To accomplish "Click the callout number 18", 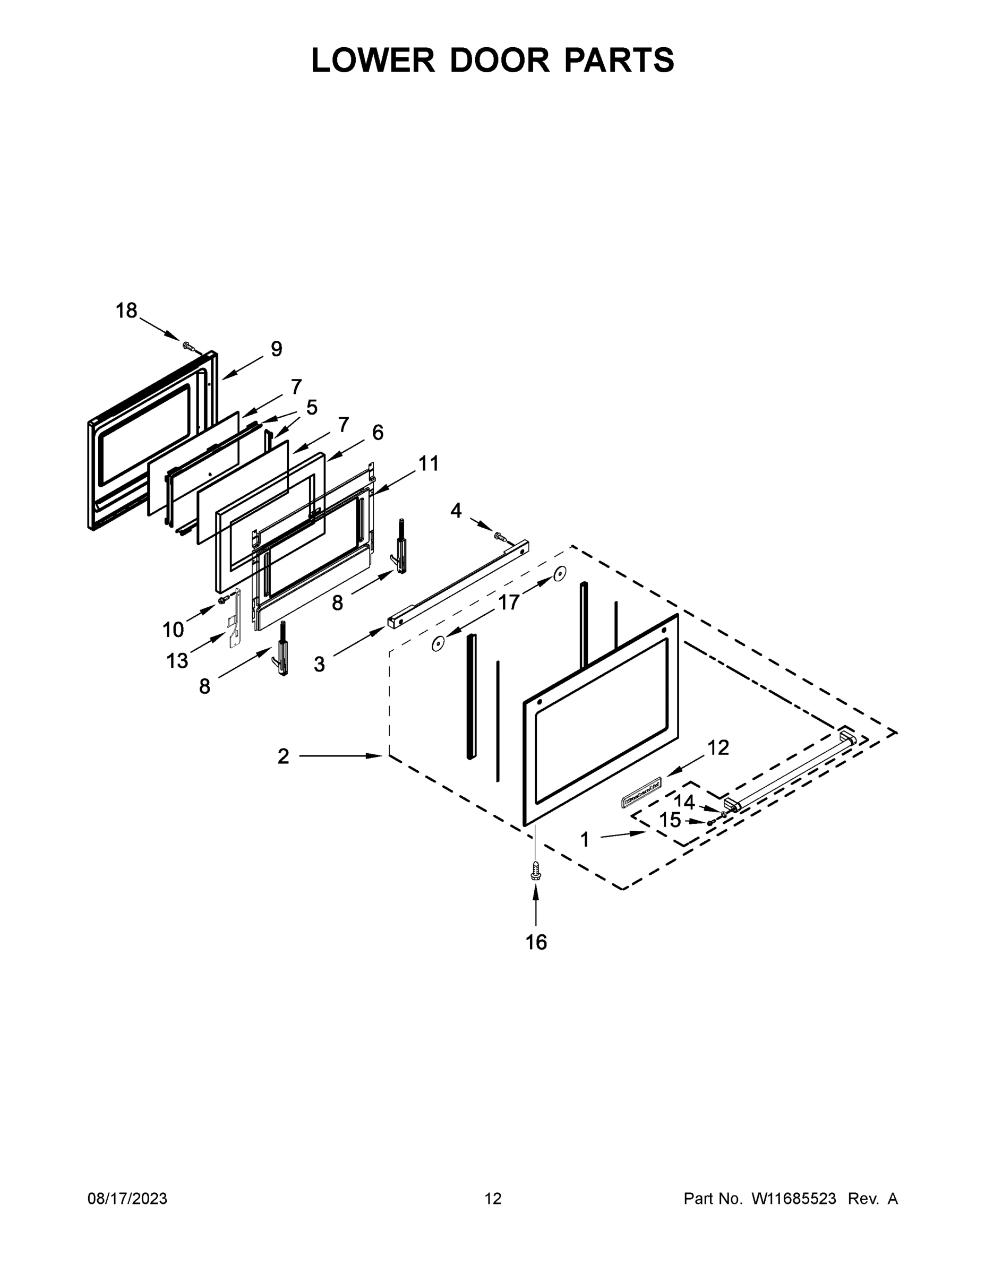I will [x=126, y=311].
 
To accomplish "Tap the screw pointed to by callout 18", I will [x=189, y=347].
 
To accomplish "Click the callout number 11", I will [x=429, y=464].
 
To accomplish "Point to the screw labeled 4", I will [x=499, y=535].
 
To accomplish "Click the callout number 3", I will [x=319, y=664].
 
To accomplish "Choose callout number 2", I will [x=283, y=756].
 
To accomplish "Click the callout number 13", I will [x=177, y=661].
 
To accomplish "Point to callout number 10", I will [x=173, y=630].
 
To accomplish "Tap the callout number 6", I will [x=378, y=432].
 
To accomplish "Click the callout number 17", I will [x=508, y=602].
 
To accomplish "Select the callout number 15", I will [x=670, y=820].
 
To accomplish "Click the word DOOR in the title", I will [x=500, y=60].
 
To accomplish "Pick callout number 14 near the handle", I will [x=684, y=802].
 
